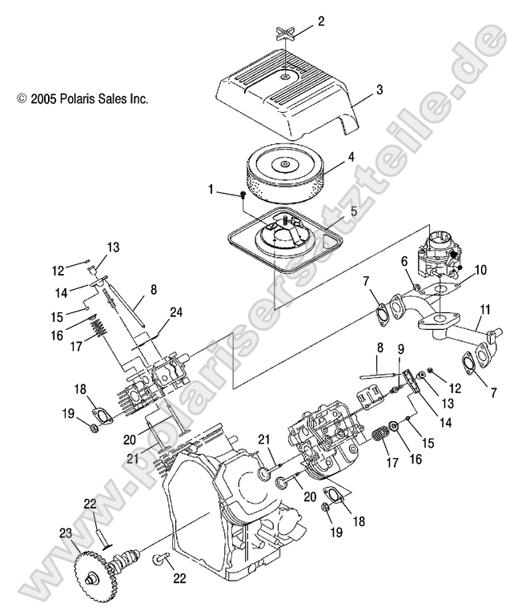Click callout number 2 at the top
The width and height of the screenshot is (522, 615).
(321, 22)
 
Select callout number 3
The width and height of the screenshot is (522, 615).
(379, 90)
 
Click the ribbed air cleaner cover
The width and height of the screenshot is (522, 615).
(288, 96)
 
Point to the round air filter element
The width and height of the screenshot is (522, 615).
(284, 171)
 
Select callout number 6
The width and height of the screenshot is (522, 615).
(405, 262)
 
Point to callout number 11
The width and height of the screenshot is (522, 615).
(484, 309)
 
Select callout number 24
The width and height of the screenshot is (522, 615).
(177, 312)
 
